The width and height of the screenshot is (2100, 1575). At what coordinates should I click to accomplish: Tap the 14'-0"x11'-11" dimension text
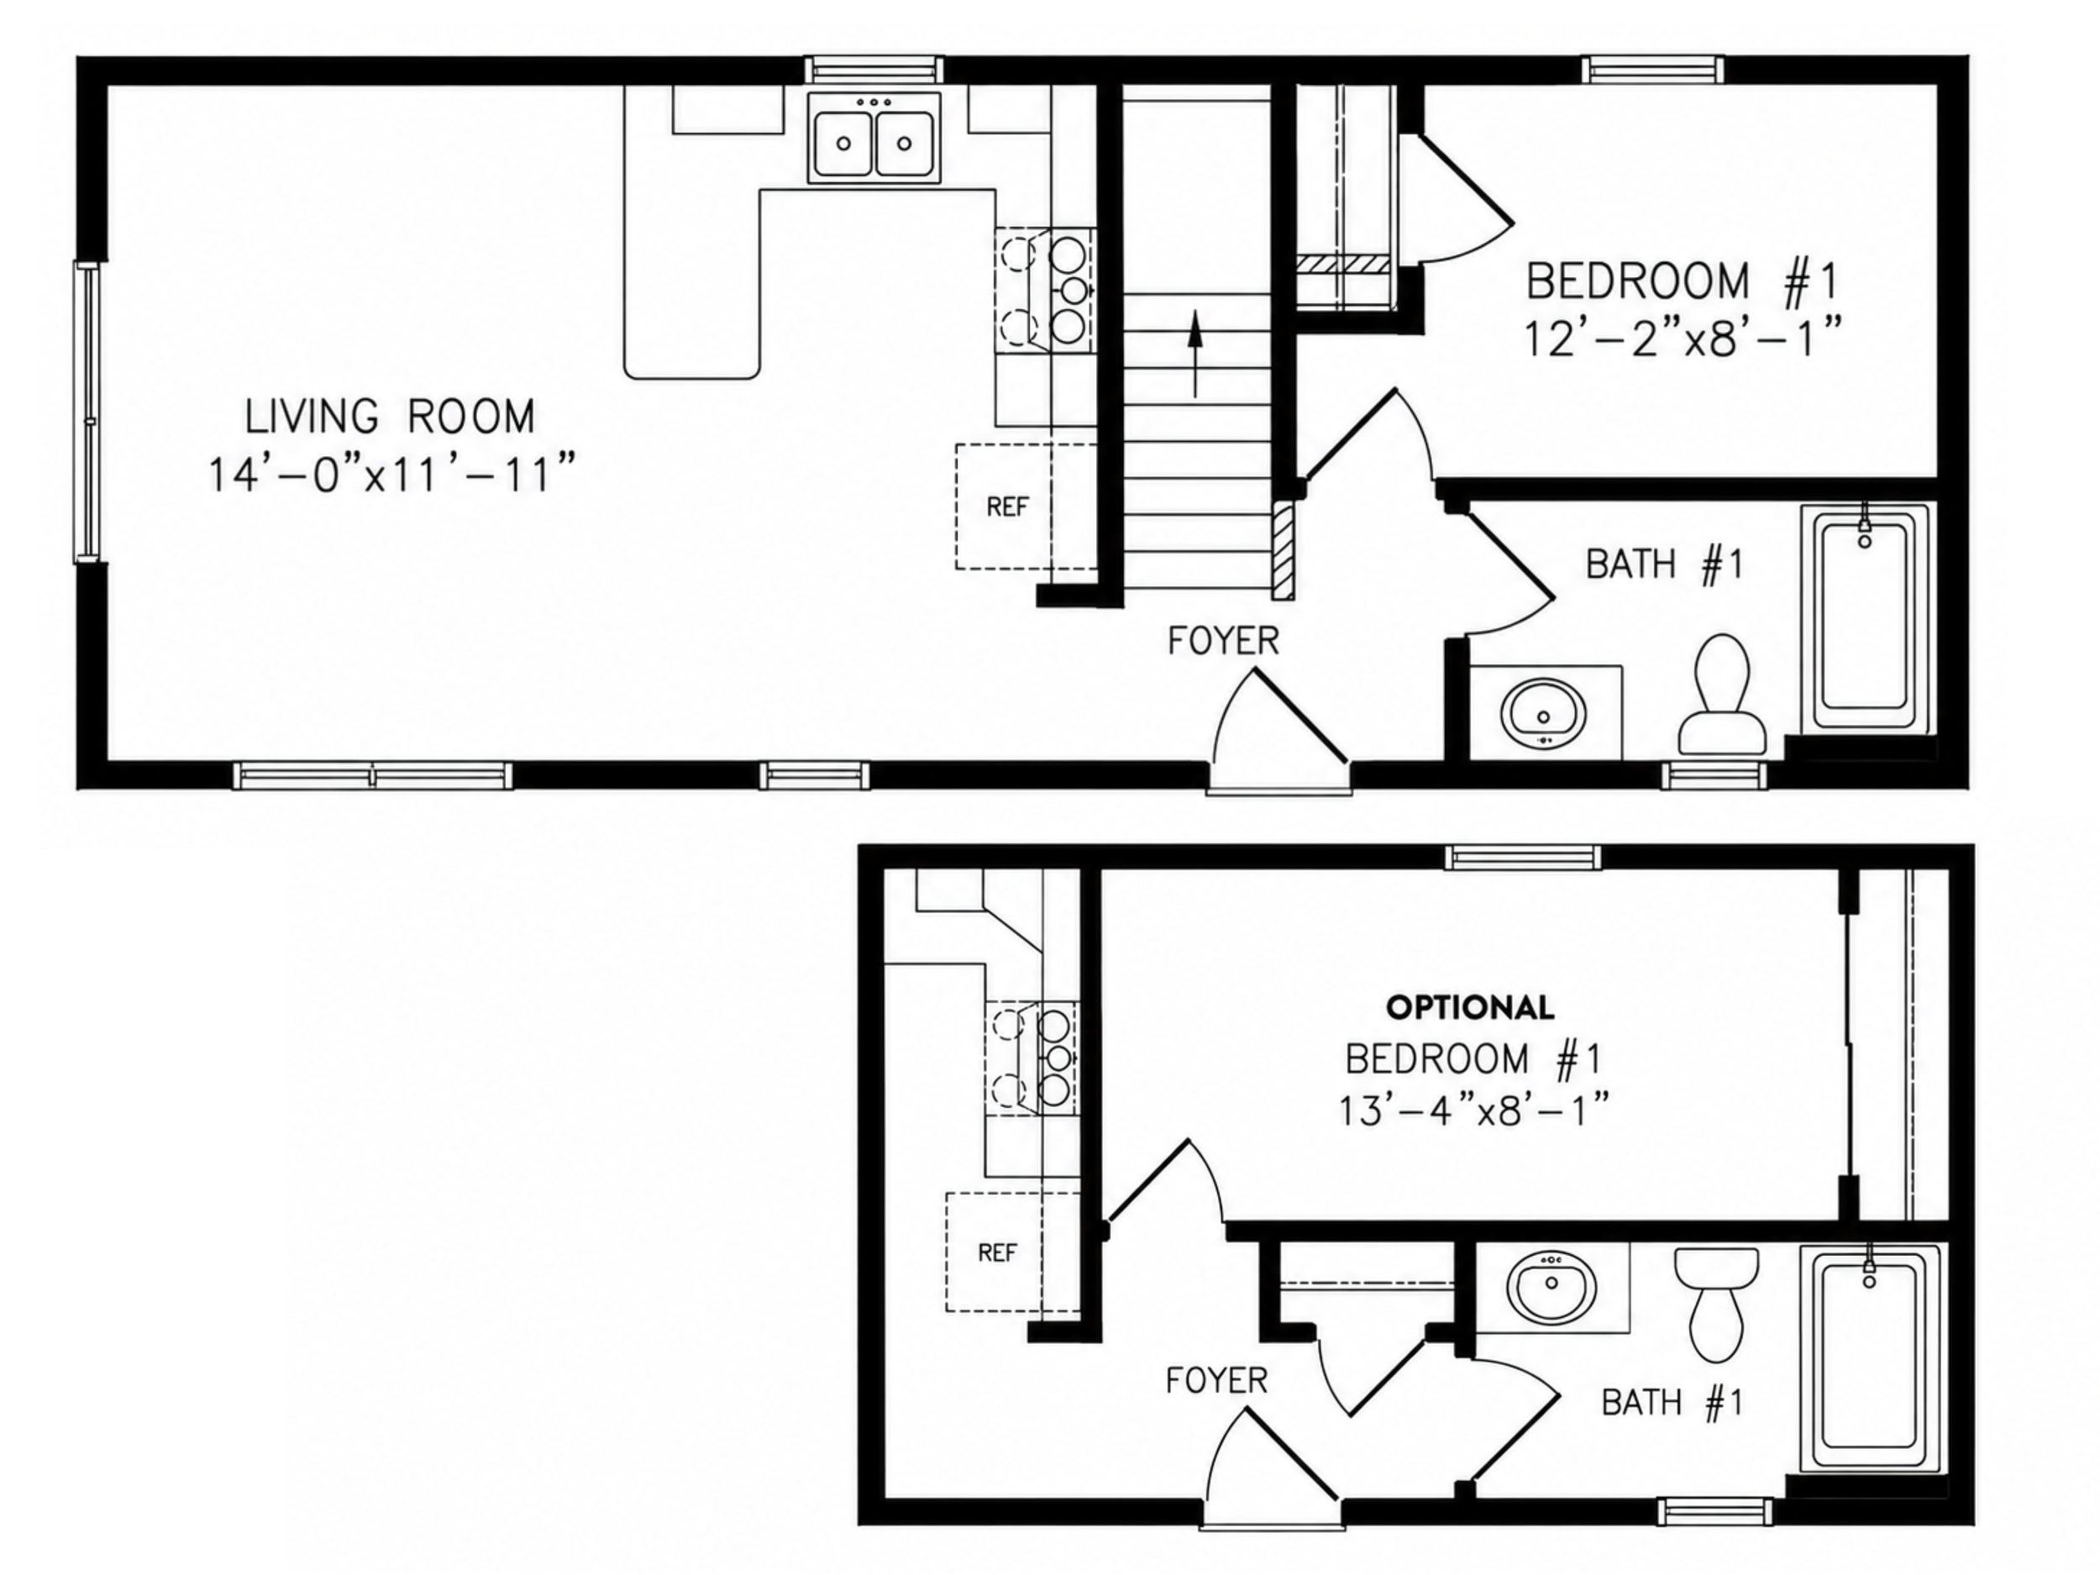[x=392, y=474]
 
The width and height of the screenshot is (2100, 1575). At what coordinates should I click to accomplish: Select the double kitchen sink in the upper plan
[x=874, y=138]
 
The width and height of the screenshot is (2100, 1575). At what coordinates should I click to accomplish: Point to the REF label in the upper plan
[x=1007, y=507]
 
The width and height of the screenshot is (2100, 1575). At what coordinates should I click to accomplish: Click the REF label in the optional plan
[x=998, y=1253]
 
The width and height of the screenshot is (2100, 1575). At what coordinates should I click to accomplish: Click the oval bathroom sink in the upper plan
[x=1543, y=713]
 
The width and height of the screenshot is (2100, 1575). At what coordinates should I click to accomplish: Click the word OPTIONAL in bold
[x=1471, y=1007]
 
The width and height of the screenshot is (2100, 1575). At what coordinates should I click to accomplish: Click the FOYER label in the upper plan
[x=1223, y=642]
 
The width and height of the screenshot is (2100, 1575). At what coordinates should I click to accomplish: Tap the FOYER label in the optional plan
[x=1216, y=1381]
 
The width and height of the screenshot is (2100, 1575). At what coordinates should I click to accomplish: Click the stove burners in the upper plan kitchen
[x=1045, y=289]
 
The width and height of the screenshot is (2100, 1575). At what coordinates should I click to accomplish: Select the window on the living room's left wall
[x=87, y=413]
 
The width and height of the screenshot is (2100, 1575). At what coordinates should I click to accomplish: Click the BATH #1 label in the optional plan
[x=1672, y=1402]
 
